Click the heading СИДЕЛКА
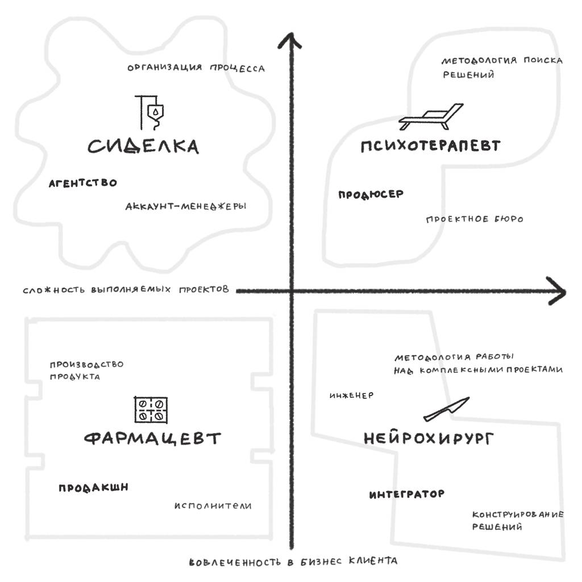[x=143, y=146]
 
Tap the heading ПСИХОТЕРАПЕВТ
[x=431, y=145]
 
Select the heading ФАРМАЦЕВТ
[x=152, y=438]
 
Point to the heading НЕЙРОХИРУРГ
[x=429, y=438]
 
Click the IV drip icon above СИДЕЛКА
[x=149, y=113]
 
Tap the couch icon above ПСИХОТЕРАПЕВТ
[x=431, y=117]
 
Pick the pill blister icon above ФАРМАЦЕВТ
[x=151, y=410]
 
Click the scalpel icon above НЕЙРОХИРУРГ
[x=447, y=409]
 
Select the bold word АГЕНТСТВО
[x=83, y=183]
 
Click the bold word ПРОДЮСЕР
[x=371, y=194]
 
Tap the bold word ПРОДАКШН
[x=94, y=487]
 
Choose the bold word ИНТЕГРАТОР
[x=407, y=494]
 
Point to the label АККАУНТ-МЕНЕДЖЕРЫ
[x=186, y=206]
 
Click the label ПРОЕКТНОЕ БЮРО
[x=475, y=219]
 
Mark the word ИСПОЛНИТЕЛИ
[x=213, y=505]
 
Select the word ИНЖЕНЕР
[x=351, y=396]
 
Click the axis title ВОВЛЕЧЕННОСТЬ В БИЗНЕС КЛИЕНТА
[x=293, y=561]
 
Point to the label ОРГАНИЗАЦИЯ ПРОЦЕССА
[x=196, y=68]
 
